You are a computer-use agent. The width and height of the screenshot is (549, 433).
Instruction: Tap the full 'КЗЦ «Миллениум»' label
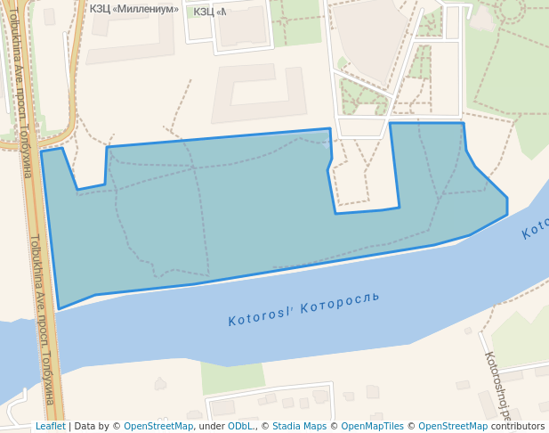[134, 9]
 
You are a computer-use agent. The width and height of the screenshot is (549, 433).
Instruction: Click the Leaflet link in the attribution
[50, 426]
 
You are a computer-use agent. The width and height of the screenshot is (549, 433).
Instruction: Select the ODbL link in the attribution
[240, 426]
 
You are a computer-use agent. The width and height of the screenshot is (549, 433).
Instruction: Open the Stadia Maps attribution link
[299, 426]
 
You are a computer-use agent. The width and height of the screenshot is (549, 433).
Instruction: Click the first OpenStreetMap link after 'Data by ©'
[158, 426]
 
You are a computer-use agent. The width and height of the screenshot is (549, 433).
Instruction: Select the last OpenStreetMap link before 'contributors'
[453, 426]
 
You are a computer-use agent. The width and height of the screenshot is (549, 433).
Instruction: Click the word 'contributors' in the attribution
[518, 426]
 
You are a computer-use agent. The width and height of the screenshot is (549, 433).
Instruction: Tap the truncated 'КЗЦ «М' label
[209, 12]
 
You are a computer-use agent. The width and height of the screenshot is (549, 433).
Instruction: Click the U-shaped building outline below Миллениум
[258, 93]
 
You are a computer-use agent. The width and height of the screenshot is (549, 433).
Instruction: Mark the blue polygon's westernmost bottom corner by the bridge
[60, 309]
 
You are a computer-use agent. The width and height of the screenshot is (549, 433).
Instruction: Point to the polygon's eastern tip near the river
[507, 214]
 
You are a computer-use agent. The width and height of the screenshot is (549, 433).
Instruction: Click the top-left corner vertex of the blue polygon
[42, 151]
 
